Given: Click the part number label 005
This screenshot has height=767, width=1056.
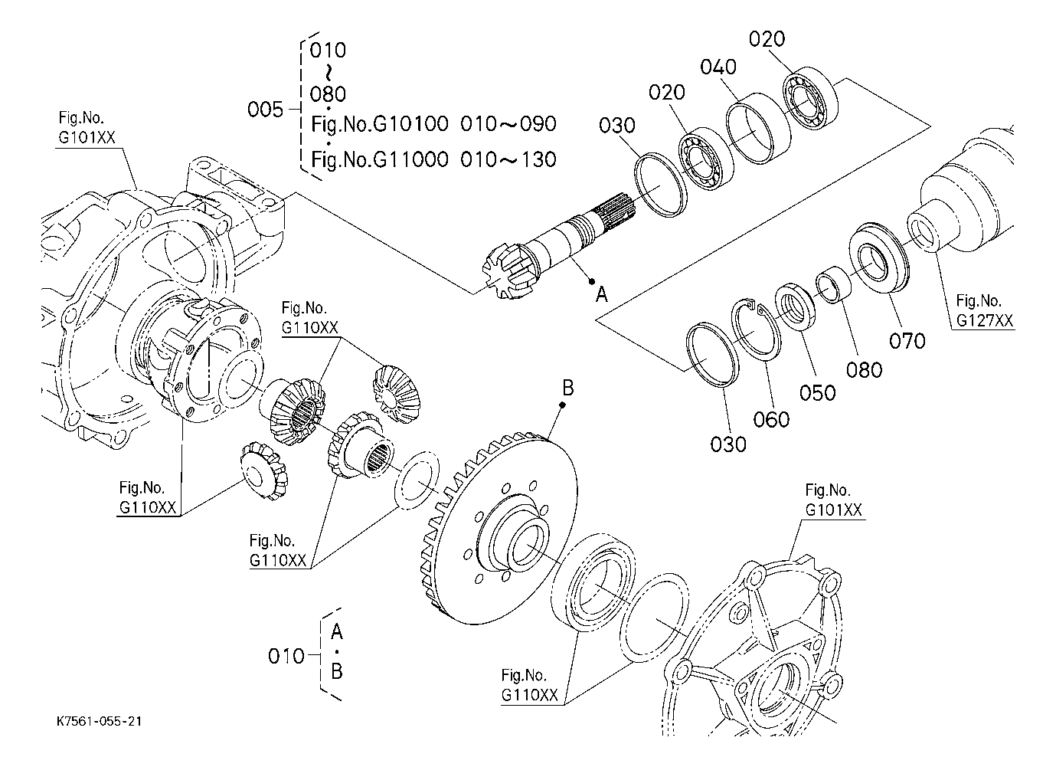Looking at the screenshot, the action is tap(266, 110).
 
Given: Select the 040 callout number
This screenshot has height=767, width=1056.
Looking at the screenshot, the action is tap(718, 67).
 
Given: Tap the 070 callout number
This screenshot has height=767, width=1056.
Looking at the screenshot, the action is tap(907, 340).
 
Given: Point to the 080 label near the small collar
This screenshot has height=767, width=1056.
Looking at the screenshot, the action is tap(864, 370).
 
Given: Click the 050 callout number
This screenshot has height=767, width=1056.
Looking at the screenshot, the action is tap(817, 392).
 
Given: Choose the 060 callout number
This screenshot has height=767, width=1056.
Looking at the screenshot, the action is tap(771, 419).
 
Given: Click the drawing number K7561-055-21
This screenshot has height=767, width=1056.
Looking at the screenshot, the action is tap(99, 721).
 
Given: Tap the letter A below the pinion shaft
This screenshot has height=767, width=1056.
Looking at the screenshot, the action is tap(602, 295).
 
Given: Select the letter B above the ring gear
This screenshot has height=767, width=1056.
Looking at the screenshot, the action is tap(568, 388).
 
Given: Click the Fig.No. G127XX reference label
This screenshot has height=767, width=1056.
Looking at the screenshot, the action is tap(985, 310).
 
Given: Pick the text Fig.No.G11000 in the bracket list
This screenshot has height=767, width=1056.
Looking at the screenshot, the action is tap(380, 159).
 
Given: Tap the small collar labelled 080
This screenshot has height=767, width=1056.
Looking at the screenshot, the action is tap(833, 284).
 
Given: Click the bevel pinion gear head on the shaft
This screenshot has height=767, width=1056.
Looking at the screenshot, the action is tap(505, 270).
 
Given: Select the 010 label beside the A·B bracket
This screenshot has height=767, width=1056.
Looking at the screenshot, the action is tap(286, 656).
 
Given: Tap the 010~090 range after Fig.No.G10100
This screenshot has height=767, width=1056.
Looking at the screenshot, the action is tap(508, 124).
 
